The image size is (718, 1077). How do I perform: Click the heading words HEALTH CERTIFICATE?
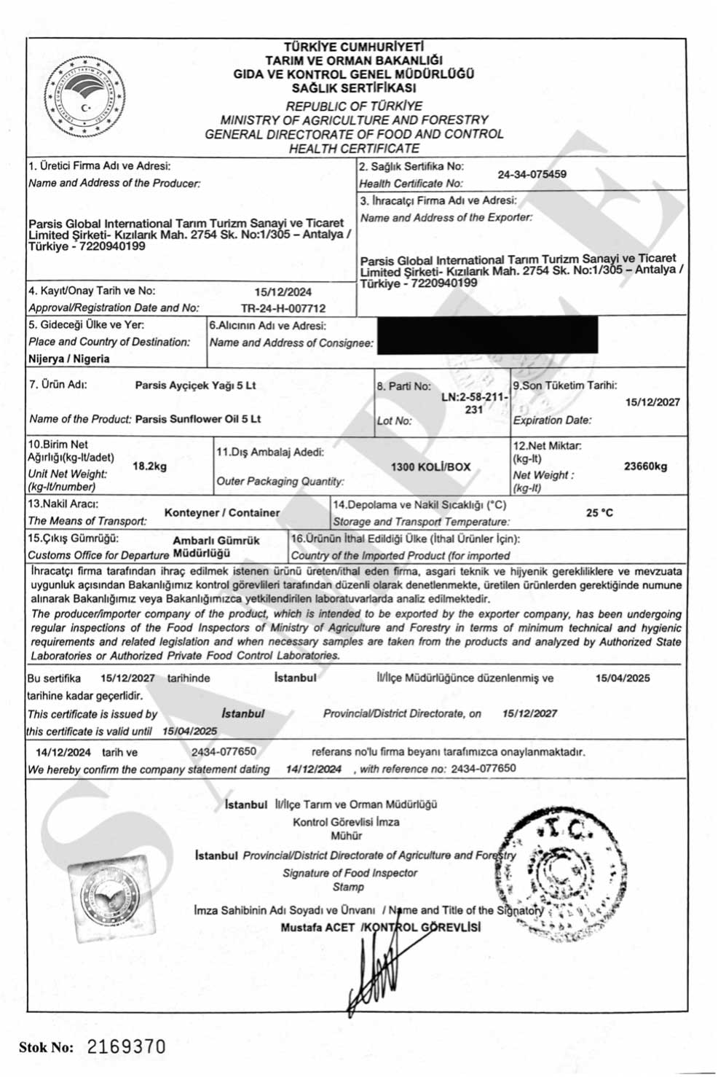354,149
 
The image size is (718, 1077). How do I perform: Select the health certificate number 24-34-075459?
532,175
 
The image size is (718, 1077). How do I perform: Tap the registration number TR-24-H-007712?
283,308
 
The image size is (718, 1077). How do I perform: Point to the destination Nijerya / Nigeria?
69,359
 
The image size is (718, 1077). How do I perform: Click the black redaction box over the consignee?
488,335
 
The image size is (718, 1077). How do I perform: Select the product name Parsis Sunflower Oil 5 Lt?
198,419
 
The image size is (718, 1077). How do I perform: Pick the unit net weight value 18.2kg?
149,466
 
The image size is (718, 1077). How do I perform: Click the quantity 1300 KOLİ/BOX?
431,466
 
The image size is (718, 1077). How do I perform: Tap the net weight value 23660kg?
645,466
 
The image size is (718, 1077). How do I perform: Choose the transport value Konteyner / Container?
222,513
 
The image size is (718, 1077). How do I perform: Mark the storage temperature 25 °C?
599,513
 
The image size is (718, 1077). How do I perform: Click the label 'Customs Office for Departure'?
98,555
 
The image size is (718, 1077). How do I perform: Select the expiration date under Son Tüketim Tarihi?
653,402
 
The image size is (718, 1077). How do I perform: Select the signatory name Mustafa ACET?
317,928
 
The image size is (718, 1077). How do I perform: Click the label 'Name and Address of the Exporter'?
446,218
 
